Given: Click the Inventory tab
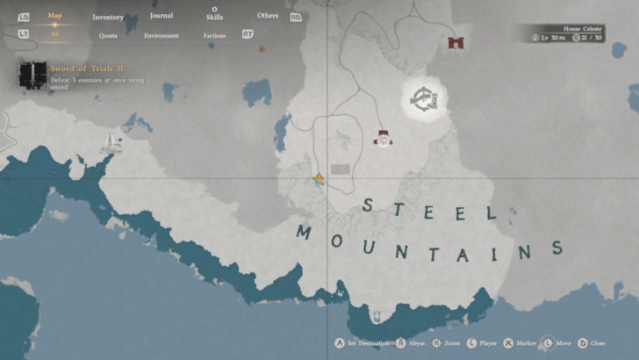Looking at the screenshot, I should click(108, 18).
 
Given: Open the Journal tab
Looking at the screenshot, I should click(162, 16).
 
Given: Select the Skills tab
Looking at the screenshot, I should click(214, 18).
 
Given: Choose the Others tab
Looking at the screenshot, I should click(268, 16).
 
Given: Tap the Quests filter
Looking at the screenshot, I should click(109, 36).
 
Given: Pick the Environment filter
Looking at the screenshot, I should click(162, 36).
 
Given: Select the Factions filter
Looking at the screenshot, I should click(214, 36).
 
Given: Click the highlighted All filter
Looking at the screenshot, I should click(54, 35).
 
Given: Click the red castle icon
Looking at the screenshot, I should click(455, 42).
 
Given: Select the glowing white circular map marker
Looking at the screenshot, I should click(426, 99).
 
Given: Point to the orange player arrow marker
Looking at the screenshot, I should click(319, 180).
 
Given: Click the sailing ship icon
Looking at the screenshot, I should click(111, 142).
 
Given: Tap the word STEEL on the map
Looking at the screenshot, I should click(429, 209).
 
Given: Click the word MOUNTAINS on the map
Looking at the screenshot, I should click(428, 245).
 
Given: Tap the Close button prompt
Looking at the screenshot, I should click(592, 343).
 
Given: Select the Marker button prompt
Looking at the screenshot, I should click(521, 343).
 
